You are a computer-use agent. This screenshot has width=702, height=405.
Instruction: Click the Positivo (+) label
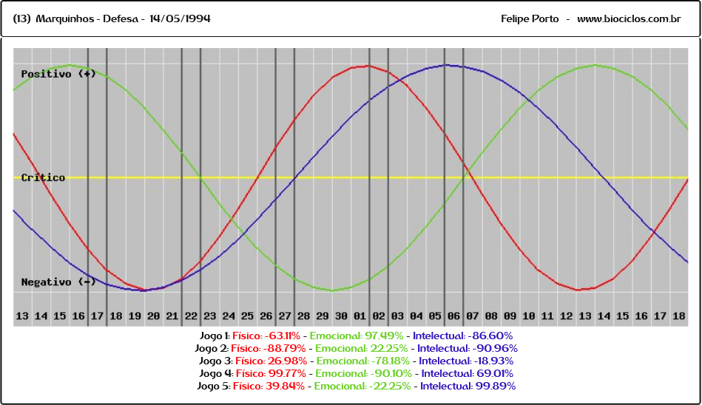click(58, 74)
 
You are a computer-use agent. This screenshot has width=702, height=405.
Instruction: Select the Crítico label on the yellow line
click(43, 177)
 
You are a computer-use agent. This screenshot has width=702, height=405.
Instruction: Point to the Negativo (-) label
click(58, 282)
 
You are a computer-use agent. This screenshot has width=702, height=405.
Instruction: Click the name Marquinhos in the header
click(64, 18)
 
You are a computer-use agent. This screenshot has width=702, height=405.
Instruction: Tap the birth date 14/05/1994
click(180, 18)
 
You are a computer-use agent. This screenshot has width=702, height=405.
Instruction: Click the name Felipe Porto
click(530, 18)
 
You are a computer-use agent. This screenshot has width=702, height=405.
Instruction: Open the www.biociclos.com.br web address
click(629, 18)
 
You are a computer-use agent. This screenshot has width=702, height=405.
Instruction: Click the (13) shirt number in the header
click(21, 18)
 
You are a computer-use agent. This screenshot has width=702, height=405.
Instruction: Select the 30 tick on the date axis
click(341, 316)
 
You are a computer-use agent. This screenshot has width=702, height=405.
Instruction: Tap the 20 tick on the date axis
click(153, 316)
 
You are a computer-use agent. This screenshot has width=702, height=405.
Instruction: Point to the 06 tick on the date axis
click(453, 316)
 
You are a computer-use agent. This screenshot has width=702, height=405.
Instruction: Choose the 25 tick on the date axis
click(247, 316)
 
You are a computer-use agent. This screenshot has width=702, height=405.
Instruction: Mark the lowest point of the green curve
click(332, 290)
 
